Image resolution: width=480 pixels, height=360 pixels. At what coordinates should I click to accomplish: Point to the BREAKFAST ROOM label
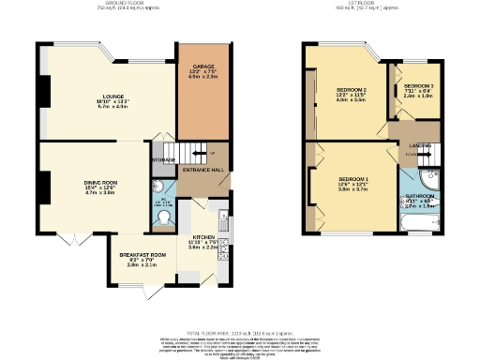(142, 254)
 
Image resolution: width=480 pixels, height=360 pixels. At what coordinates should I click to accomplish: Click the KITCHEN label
(204, 236)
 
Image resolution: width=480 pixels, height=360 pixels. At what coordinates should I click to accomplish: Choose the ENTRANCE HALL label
(202, 170)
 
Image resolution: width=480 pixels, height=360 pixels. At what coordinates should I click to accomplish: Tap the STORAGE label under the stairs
(161, 159)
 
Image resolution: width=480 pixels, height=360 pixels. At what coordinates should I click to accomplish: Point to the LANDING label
(418, 146)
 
